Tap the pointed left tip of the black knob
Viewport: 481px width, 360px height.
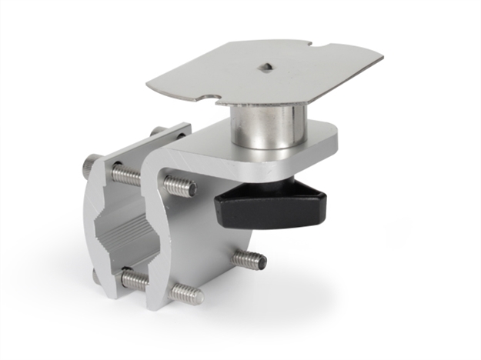coord(218,202)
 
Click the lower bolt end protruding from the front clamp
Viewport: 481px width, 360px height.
coord(186,293)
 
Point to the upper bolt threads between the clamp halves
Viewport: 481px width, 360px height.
coord(126,175)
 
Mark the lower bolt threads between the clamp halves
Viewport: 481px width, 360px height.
coord(134,280)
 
